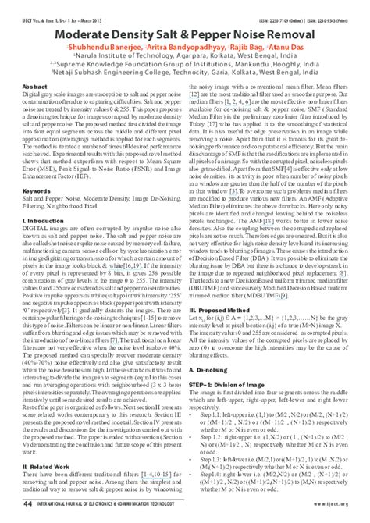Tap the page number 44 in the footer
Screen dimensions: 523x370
coord(28,504)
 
